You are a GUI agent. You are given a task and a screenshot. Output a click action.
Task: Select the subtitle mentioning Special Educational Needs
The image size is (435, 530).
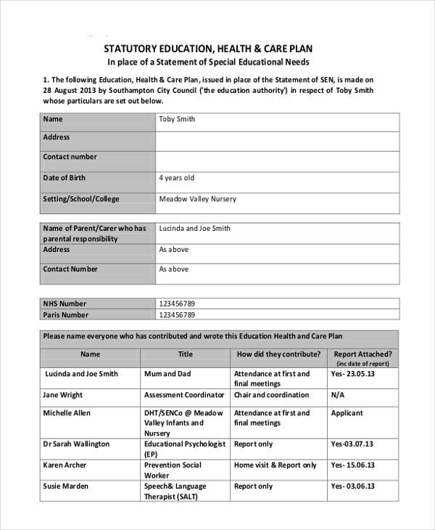209,62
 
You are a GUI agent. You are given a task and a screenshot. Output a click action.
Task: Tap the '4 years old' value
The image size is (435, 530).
176,178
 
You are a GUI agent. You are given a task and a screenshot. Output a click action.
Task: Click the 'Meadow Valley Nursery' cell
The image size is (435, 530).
197,199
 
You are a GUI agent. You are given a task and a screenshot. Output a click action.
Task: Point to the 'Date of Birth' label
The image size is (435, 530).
64,178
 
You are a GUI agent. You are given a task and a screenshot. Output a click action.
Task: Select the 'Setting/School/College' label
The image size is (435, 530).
80,199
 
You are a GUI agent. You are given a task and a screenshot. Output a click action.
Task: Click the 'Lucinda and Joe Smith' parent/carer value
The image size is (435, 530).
194,228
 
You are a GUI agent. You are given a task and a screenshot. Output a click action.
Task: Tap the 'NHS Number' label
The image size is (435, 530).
65,303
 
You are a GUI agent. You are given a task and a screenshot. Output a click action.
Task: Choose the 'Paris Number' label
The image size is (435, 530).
65,315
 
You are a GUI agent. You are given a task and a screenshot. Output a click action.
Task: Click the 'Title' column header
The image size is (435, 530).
186,354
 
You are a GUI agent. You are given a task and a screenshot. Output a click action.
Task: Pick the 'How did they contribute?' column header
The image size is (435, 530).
278,354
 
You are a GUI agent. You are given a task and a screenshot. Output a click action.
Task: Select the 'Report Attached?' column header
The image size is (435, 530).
362,354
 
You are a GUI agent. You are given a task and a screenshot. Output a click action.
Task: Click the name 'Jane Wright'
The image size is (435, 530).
63,395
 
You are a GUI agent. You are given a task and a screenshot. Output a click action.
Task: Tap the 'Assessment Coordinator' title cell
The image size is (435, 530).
184,395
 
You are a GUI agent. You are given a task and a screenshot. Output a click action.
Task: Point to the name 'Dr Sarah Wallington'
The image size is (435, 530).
76,444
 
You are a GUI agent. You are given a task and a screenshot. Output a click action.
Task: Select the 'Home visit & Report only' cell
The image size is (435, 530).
275,465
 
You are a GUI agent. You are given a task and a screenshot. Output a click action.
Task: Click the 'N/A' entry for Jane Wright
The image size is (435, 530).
337,395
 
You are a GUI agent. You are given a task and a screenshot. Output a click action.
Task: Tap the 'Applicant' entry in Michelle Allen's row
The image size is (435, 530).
347,413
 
